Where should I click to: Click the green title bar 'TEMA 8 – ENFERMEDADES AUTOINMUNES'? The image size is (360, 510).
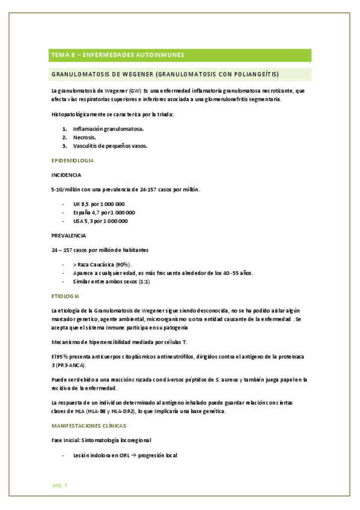118,55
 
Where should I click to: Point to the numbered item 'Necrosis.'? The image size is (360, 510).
84,137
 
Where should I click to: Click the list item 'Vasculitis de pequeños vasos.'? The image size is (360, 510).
110,146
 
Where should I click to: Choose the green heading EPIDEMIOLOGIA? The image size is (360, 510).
72,161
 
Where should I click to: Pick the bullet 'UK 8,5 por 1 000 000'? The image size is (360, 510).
99,204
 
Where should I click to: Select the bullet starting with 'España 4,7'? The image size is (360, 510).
103,212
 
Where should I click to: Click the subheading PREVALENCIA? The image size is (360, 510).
69,235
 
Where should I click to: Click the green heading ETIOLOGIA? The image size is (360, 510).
66,296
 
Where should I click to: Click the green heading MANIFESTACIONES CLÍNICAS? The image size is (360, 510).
88,425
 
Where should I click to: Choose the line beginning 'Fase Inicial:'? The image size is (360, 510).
100,440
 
